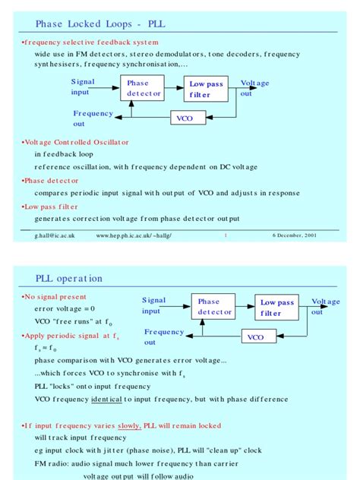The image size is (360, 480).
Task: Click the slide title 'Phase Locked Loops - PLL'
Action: point(100,24)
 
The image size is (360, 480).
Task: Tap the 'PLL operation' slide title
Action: point(68,279)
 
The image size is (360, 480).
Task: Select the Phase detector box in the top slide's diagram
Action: point(144,89)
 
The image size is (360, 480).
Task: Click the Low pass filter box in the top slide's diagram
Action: point(206,90)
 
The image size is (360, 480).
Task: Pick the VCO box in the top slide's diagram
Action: point(185,118)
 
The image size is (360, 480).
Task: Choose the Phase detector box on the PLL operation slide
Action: point(213,307)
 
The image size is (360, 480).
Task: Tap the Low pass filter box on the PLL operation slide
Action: point(276,308)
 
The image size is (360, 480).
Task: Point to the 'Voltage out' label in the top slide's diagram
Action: point(254,88)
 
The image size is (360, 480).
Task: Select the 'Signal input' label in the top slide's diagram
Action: point(83,87)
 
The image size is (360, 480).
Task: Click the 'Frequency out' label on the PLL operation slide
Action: point(163,336)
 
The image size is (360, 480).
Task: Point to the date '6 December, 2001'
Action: point(295,235)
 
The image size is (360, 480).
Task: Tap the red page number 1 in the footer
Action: point(225,235)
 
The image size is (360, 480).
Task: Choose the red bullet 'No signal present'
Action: point(55,297)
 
